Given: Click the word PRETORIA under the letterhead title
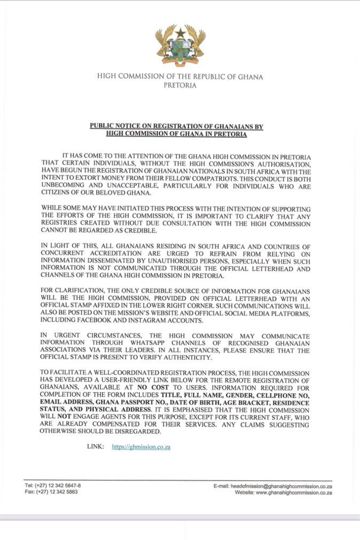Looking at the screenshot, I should pos(180,85).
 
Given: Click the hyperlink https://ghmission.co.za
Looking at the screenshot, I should pos(141,447).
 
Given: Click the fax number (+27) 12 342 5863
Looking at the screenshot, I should pos(57,492).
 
